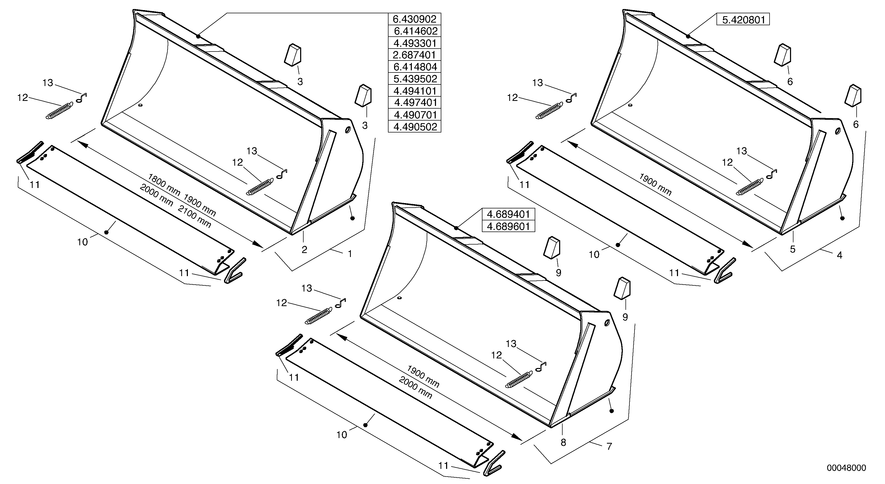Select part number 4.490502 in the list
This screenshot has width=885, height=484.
click(x=414, y=127)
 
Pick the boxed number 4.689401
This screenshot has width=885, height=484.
click(x=508, y=214)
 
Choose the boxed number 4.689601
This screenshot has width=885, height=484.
click(x=508, y=226)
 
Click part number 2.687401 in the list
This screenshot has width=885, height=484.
click(x=414, y=55)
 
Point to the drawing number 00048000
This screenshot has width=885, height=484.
click(x=846, y=468)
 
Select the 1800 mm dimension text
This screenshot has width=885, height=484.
click(x=164, y=185)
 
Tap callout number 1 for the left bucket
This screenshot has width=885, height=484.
click(x=350, y=254)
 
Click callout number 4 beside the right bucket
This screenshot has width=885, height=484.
click(x=839, y=255)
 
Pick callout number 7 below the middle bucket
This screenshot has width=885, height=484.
click(x=609, y=446)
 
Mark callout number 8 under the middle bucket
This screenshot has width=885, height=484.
click(x=563, y=442)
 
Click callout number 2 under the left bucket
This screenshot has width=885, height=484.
click(x=304, y=250)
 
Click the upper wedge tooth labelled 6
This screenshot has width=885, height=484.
click(x=783, y=54)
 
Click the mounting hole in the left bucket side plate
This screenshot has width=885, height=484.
click(x=347, y=130)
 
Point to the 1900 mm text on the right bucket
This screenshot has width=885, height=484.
click(x=655, y=185)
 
